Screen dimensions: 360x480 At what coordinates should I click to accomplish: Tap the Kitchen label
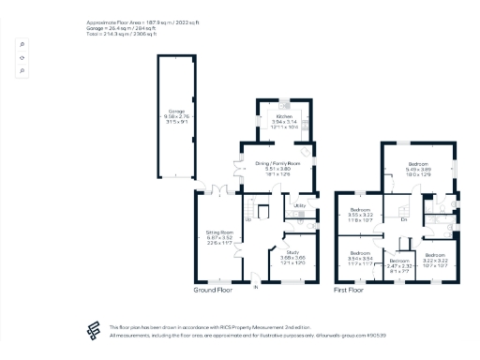point(284,116)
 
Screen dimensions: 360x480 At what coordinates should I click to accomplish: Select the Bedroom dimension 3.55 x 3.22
point(361,215)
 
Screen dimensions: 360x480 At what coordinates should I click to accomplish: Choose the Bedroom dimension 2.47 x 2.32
point(400,266)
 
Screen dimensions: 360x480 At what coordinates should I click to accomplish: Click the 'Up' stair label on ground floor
point(248,219)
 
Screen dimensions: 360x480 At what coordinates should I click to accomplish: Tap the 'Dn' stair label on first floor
point(402,219)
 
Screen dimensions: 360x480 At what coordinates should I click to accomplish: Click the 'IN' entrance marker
point(254,287)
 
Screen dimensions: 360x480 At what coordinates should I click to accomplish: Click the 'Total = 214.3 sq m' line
point(141,31)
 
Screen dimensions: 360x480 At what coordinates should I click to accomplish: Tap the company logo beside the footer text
point(93,328)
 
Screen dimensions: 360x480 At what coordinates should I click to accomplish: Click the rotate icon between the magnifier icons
point(22,57)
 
